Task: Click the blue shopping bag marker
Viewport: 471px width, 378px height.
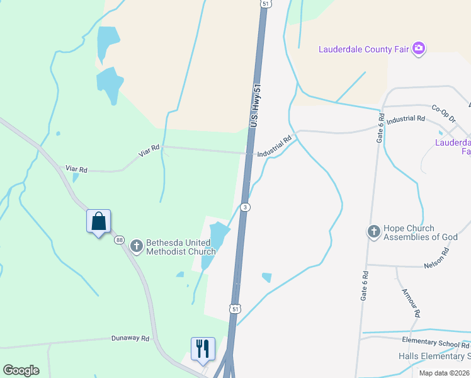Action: coord(98,222)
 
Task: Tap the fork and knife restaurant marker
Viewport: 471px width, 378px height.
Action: coord(203,350)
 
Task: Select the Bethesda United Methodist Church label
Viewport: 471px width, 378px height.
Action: coord(181,247)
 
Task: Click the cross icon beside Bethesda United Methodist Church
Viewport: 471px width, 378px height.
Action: coord(136,245)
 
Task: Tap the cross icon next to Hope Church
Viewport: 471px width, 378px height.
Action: coord(373,231)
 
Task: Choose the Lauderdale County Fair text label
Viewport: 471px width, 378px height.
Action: coord(363,49)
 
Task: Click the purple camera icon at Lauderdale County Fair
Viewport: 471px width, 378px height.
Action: coord(419,49)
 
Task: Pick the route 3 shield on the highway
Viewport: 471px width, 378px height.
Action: coord(246,207)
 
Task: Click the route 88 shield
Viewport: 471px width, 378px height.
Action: coord(120,239)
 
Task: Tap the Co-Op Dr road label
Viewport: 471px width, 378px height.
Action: coord(443,110)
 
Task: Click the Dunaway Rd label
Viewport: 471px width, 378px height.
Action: coord(130,338)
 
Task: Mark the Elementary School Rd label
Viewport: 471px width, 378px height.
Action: coord(436,344)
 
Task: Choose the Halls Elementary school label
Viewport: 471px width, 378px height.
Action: coord(434,356)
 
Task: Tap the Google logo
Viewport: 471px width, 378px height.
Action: coord(21,370)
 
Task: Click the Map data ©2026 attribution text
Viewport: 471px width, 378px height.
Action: coord(443,373)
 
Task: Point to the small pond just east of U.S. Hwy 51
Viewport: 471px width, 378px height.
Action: coord(266,277)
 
